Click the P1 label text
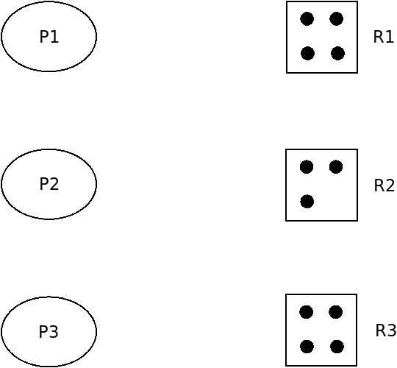tap(49, 37)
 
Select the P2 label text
tap(49, 184)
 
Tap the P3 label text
tap(49, 331)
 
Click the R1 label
tap(383, 37)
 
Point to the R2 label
tap(384, 185)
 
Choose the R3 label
tap(386, 330)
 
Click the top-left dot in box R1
tap(307, 18)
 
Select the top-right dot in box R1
tap(337, 18)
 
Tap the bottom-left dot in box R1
tap(307, 54)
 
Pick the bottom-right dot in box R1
tap(337, 54)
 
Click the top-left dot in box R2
tap(307, 167)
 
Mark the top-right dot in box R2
tap(336, 167)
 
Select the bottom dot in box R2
tap(307, 202)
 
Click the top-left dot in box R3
tap(306, 312)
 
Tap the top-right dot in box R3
tap(336, 312)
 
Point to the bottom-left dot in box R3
tap(307, 347)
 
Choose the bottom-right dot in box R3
tap(337, 347)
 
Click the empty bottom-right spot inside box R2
tap(337, 202)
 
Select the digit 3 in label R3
tap(391, 330)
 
